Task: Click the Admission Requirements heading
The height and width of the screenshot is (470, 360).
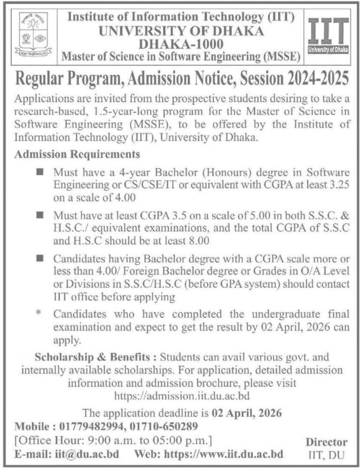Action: pos(77,154)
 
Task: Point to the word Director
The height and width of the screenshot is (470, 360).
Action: pos(327,442)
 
